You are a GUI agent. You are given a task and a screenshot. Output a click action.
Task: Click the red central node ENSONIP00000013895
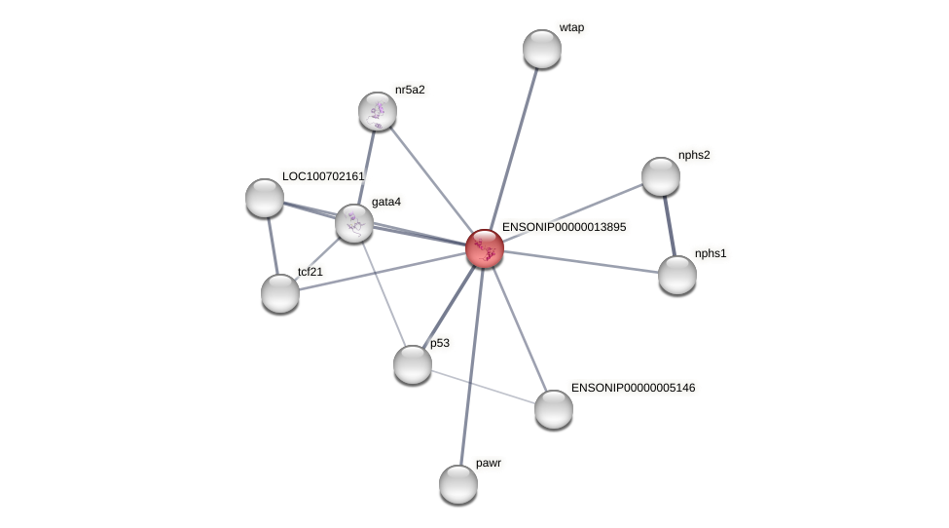(484, 248)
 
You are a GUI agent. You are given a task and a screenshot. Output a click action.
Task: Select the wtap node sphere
(542, 49)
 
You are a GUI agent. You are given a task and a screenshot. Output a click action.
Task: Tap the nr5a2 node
(377, 111)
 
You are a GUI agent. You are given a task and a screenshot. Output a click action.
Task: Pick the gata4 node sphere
(354, 223)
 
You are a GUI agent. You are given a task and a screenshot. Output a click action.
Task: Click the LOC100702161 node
(265, 198)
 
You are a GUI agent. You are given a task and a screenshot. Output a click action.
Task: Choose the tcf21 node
(279, 293)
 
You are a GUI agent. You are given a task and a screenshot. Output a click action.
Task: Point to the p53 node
(412, 364)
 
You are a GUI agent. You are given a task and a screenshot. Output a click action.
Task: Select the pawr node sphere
(458, 484)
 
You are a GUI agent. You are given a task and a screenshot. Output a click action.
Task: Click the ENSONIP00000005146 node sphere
(553, 409)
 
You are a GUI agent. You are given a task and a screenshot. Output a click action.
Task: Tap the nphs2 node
(660, 176)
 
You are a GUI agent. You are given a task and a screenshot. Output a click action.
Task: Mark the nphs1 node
(676, 275)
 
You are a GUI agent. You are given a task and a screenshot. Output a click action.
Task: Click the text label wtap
(571, 28)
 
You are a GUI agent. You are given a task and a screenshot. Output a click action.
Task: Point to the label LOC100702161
(323, 176)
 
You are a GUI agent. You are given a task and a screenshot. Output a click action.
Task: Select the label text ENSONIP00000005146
(633, 388)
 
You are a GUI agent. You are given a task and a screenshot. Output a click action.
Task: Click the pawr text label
(489, 463)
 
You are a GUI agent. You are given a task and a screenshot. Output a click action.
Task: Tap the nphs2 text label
(694, 155)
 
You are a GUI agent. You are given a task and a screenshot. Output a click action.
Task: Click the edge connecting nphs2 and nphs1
(669, 226)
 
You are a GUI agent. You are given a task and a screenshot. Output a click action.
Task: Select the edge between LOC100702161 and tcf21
(273, 245)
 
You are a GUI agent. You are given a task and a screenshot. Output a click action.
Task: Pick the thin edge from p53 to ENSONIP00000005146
(483, 387)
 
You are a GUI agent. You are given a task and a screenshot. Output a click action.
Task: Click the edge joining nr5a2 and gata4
(366, 168)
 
